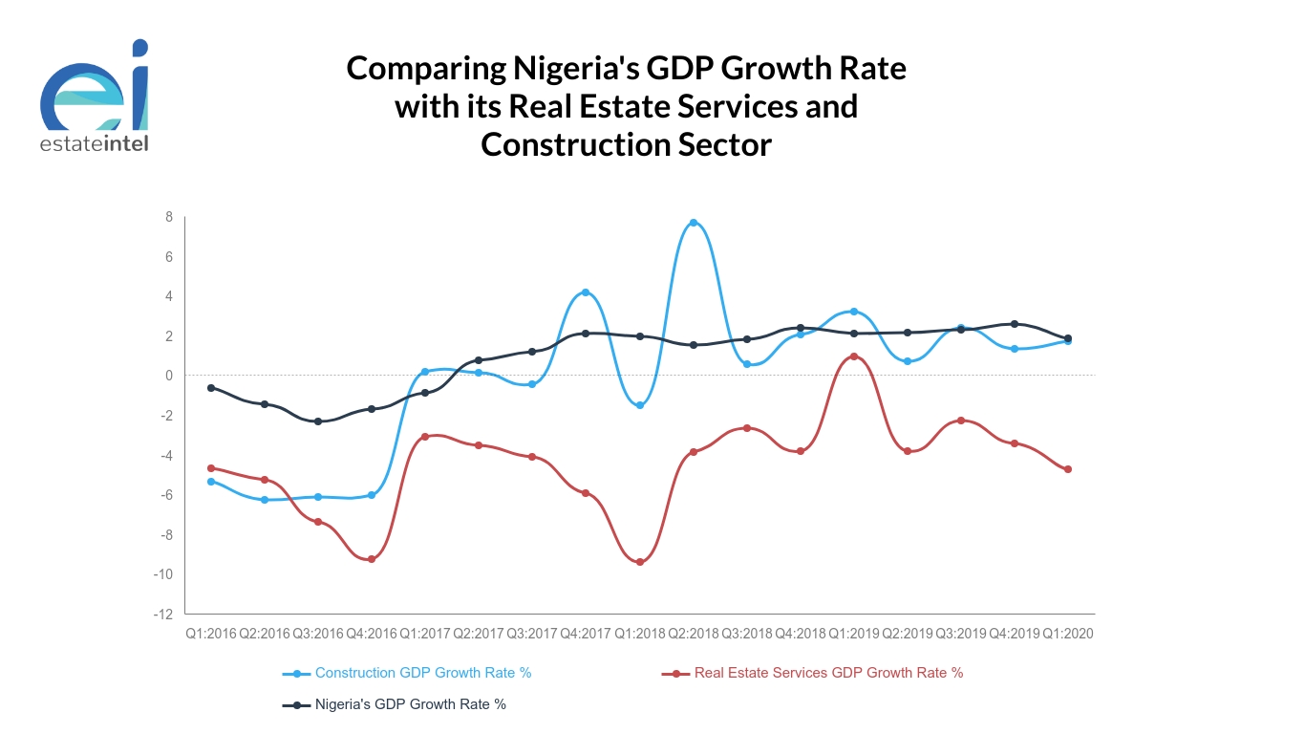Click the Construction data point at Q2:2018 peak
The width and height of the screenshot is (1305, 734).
coord(694,223)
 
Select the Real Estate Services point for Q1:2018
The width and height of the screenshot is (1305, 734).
coord(640,562)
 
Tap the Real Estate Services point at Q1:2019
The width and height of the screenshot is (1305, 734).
coord(854,356)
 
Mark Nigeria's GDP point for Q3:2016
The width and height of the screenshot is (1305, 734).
coord(318,421)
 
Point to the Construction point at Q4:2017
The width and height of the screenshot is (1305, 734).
coord(586,292)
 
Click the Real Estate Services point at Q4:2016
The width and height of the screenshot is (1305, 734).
coord(372,559)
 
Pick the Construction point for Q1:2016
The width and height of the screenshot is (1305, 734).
coord(211,482)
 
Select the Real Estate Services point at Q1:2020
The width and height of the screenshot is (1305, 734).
coord(1068,469)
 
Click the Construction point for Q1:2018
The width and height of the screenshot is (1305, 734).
coord(640,405)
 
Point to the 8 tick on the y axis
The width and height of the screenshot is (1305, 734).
coord(169,217)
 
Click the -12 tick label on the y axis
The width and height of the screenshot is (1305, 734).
coord(164,614)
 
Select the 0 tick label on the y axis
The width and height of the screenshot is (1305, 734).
coord(169,376)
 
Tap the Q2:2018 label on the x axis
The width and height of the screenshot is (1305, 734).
coord(694,634)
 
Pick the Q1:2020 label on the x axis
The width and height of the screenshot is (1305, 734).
coord(1068,634)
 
